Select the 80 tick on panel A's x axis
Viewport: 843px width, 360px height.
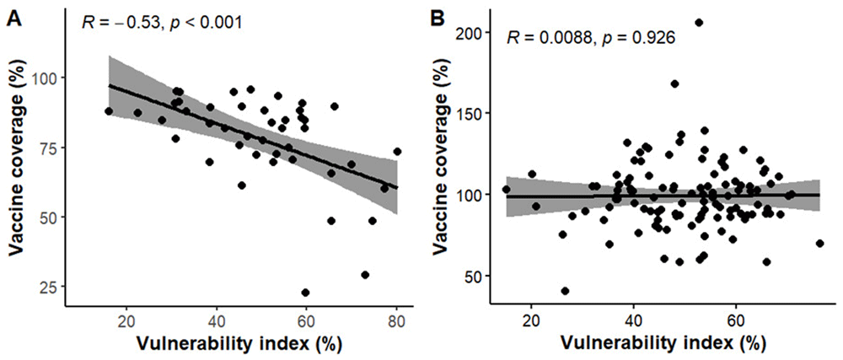(x=395, y=321)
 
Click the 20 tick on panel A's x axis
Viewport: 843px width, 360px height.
(x=126, y=321)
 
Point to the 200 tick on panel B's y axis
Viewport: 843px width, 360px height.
(x=476, y=31)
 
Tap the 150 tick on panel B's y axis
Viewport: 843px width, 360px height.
(x=476, y=113)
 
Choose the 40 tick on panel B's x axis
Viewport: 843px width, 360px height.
(x=633, y=321)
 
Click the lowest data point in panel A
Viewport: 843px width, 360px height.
(x=305, y=293)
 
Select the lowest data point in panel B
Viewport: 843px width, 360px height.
(x=565, y=291)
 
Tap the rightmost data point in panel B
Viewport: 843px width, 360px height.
(x=819, y=243)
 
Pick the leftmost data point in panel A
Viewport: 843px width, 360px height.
(x=109, y=111)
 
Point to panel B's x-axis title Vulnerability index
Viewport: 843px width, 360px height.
(x=647, y=344)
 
